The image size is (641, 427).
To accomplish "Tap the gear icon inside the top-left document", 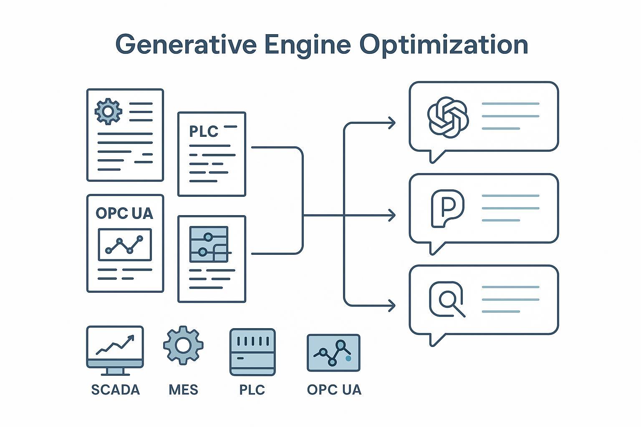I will pos(109,111).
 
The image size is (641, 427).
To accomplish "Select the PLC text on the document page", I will pos(204,131).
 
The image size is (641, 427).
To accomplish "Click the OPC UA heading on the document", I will pos(124,213).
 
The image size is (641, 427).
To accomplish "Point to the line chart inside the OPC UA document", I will pos(125,245).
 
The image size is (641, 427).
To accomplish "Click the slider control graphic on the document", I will pos(209,245).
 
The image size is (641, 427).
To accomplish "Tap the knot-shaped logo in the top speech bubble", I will pos(448,117).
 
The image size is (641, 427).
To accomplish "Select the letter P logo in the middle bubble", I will pos(447,208).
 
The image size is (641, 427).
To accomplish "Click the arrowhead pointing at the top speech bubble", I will pos(391,123).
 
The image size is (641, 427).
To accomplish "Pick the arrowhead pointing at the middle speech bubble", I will pos(391,215).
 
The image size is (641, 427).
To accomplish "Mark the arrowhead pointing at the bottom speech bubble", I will pos(391,306).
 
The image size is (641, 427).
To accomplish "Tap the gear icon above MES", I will pos(183,345).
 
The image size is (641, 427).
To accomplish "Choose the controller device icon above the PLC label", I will pos(252,352).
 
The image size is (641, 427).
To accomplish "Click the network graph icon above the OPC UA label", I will pos(333,352).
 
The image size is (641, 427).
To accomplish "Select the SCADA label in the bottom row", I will pos(115,390).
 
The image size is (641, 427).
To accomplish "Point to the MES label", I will pos(183,390).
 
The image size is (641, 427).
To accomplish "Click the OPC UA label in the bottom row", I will pos(334,390).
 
